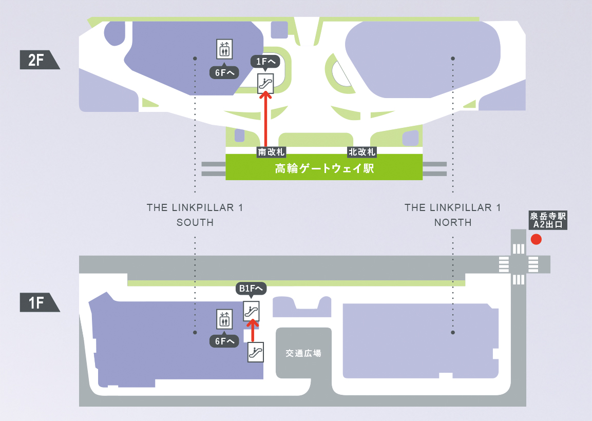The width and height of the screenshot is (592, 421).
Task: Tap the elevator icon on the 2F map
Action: pos(224,49)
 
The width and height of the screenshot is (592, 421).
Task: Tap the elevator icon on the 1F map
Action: pos(224,319)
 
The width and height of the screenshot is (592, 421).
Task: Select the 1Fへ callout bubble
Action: pos(265,62)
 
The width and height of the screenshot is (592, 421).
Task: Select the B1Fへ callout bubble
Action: pos(251,289)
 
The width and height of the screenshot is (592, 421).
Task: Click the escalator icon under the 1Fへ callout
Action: pos(265,83)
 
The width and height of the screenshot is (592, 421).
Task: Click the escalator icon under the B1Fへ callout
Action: pos(251,311)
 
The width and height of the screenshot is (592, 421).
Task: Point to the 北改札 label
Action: pos(362,152)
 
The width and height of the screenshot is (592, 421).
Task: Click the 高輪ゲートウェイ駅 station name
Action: pos(324,168)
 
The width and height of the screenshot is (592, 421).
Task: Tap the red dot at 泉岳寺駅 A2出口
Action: pos(536,239)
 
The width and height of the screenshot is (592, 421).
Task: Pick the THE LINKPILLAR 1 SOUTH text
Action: pos(195,215)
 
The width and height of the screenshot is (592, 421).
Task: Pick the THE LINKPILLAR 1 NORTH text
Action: pos(452,215)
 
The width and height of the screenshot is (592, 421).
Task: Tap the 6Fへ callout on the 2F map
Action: pos(224,73)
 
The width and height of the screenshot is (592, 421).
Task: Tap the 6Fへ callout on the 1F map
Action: pos(224,341)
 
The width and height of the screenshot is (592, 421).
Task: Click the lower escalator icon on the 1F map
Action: pos(255,352)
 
